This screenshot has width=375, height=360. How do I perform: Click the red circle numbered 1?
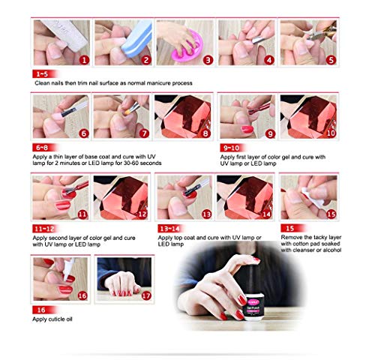[x=83, y=59]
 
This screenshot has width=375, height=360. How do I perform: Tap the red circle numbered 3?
[x=208, y=59]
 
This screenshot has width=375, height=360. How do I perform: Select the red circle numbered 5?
[x=331, y=59]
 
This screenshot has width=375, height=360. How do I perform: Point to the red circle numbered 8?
[x=206, y=133]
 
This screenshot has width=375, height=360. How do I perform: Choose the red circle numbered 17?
[x=145, y=295]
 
